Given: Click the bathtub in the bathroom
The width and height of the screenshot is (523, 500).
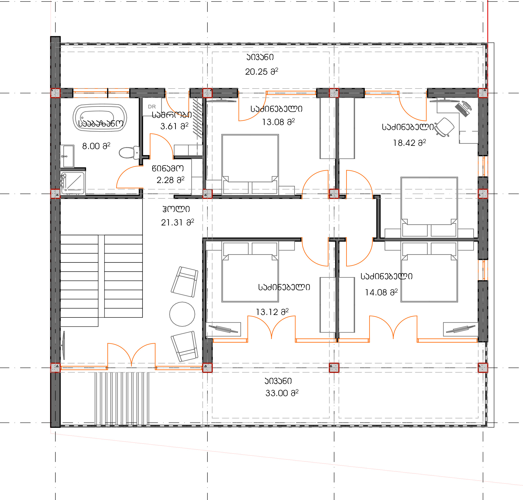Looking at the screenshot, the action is click(x=100, y=117).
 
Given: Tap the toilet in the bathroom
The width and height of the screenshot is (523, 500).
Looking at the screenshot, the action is click(x=129, y=153).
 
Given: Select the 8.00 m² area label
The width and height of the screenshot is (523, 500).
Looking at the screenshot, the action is click(x=96, y=146).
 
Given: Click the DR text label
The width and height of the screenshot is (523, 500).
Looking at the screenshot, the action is click(x=152, y=107).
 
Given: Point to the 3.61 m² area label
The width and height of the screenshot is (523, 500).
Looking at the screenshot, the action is click(x=174, y=126).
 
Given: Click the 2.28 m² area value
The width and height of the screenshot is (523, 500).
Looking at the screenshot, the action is click(x=170, y=180).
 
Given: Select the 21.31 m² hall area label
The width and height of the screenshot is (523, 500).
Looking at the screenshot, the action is click(x=178, y=222).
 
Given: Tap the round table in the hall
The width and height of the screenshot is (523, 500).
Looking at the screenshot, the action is click(x=182, y=314).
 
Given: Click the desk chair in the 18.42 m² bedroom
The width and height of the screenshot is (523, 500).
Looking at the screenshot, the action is click(x=444, y=127).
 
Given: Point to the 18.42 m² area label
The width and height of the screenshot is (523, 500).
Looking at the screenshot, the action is click(x=409, y=143).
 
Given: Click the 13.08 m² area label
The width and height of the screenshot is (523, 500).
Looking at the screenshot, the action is click(x=278, y=122).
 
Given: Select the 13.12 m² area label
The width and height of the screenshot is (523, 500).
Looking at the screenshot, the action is click(x=272, y=312).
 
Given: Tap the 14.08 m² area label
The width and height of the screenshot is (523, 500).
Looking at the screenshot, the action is click(x=381, y=292).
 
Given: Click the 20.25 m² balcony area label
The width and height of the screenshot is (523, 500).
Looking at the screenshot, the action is click(x=261, y=71).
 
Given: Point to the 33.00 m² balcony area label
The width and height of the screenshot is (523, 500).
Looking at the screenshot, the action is click(x=282, y=393).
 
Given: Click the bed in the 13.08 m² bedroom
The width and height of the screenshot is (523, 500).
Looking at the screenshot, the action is click(x=250, y=164).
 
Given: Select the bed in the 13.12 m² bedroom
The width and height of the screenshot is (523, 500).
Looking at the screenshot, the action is click(x=250, y=272).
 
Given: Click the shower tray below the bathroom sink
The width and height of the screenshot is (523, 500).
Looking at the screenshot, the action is click(x=72, y=183).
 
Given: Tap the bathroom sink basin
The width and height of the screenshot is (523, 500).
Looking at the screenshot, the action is click(x=67, y=156).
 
